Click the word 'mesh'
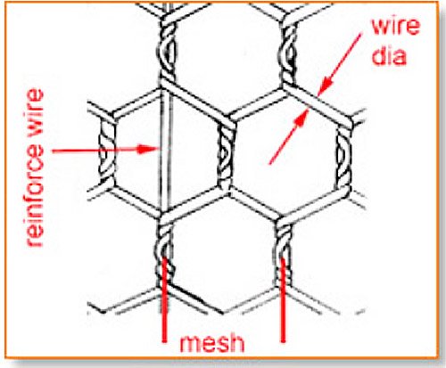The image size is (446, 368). pos(211,343)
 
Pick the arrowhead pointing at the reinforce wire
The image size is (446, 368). pos(147,149)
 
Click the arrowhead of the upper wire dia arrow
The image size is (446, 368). pos(324,86)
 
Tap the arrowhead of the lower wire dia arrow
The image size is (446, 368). pos(301,118)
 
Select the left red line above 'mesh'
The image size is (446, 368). pos(163,300)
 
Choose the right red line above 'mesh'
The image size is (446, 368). pos(283,300)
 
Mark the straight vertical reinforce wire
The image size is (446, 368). pos(165,151)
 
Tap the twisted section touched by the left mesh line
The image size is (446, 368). pos(163,252)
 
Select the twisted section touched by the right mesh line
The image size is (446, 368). pos(284,252)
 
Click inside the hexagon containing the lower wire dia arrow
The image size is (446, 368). pos(285,154)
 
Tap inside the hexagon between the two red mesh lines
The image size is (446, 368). pos(223,252)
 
